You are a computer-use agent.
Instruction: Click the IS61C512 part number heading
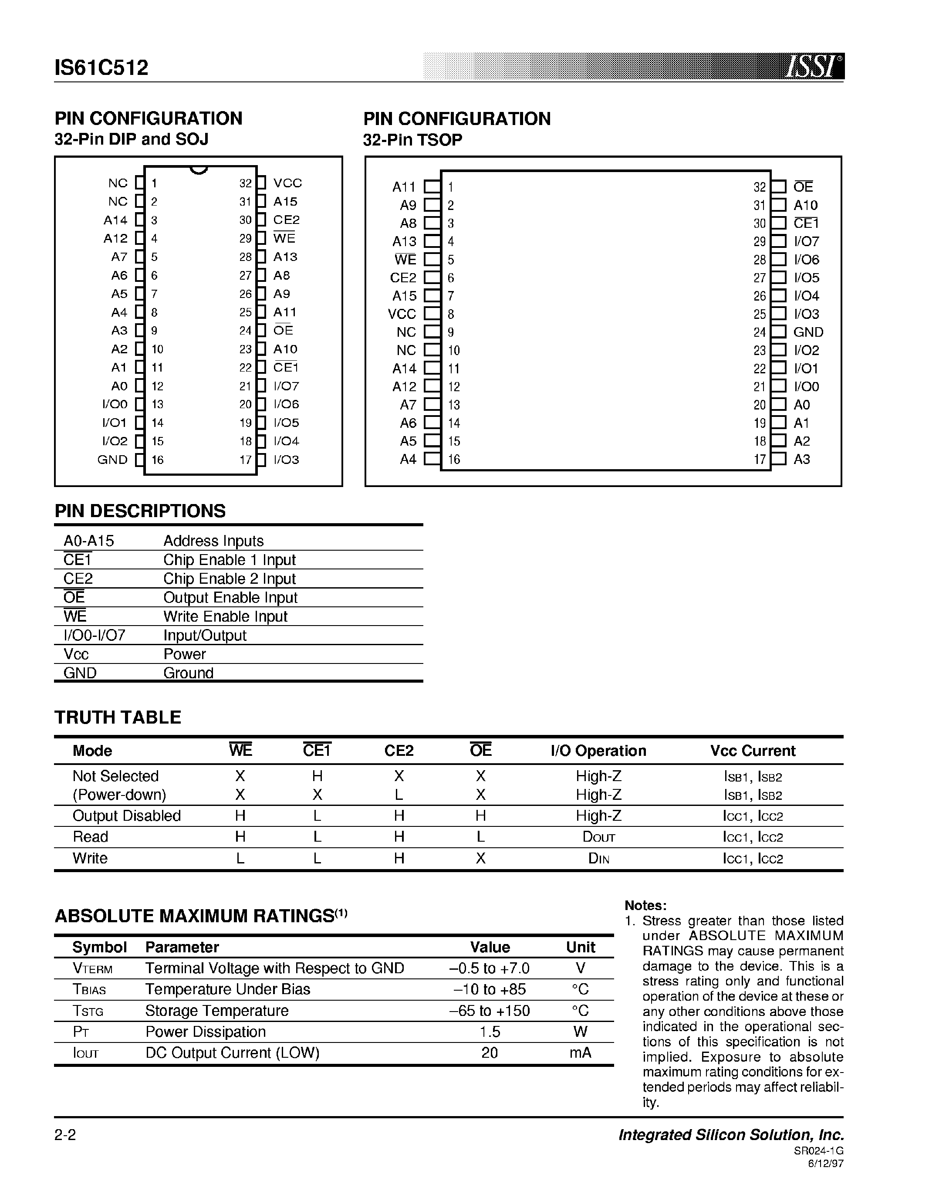(101, 68)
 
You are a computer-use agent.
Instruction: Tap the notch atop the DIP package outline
(199, 169)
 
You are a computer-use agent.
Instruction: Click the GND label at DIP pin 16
(112, 460)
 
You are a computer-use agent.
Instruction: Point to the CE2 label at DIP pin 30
(286, 220)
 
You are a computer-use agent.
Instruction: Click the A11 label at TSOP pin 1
(404, 187)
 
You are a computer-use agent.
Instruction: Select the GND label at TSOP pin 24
(808, 332)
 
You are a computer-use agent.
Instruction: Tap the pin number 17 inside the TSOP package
(760, 459)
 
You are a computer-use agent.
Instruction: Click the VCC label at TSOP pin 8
(402, 314)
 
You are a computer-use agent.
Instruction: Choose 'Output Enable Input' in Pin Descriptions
(230, 597)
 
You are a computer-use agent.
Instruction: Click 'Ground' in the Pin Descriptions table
(188, 673)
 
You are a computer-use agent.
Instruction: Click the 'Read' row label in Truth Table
(91, 836)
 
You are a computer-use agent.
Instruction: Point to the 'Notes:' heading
(645, 906)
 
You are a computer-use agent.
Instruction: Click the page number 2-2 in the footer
(65, 1135)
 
